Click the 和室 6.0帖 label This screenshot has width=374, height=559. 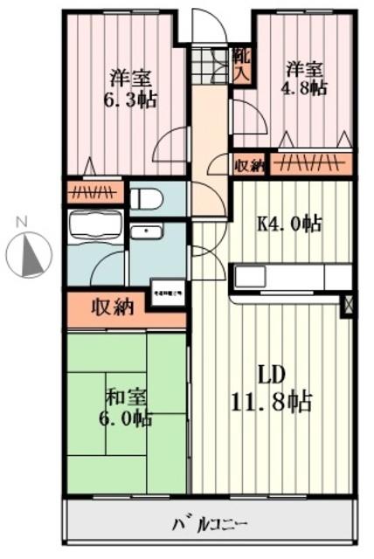[x=127, y=407]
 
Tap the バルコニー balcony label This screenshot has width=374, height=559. [x=211, y=526]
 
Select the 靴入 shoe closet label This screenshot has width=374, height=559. [x=241, y=64]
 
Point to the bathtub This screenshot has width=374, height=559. [x=96, y=230]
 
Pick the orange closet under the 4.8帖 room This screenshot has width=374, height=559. [x=311, y=163]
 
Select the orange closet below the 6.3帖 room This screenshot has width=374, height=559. [x=95, y=190]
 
